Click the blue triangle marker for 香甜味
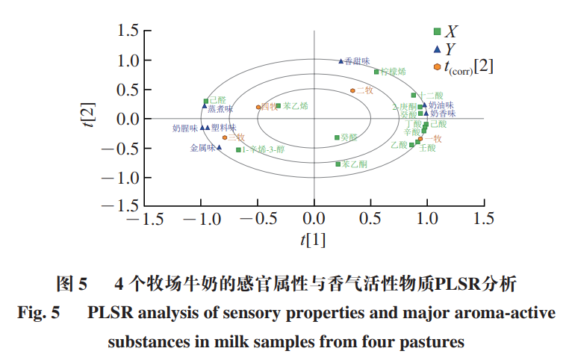pos(341,61)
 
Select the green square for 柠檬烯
pos(376,72)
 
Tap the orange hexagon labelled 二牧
pos(352,90)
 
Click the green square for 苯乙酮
pos(338,164)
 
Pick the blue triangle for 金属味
pos(219,147)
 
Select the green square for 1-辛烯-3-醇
pos(239,149)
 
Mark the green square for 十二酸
pos(413,96)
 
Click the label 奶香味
pos(443,114)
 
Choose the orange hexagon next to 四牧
pos(258,107)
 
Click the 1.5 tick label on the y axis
pos(129,31)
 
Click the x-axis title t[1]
pos(314,239)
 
